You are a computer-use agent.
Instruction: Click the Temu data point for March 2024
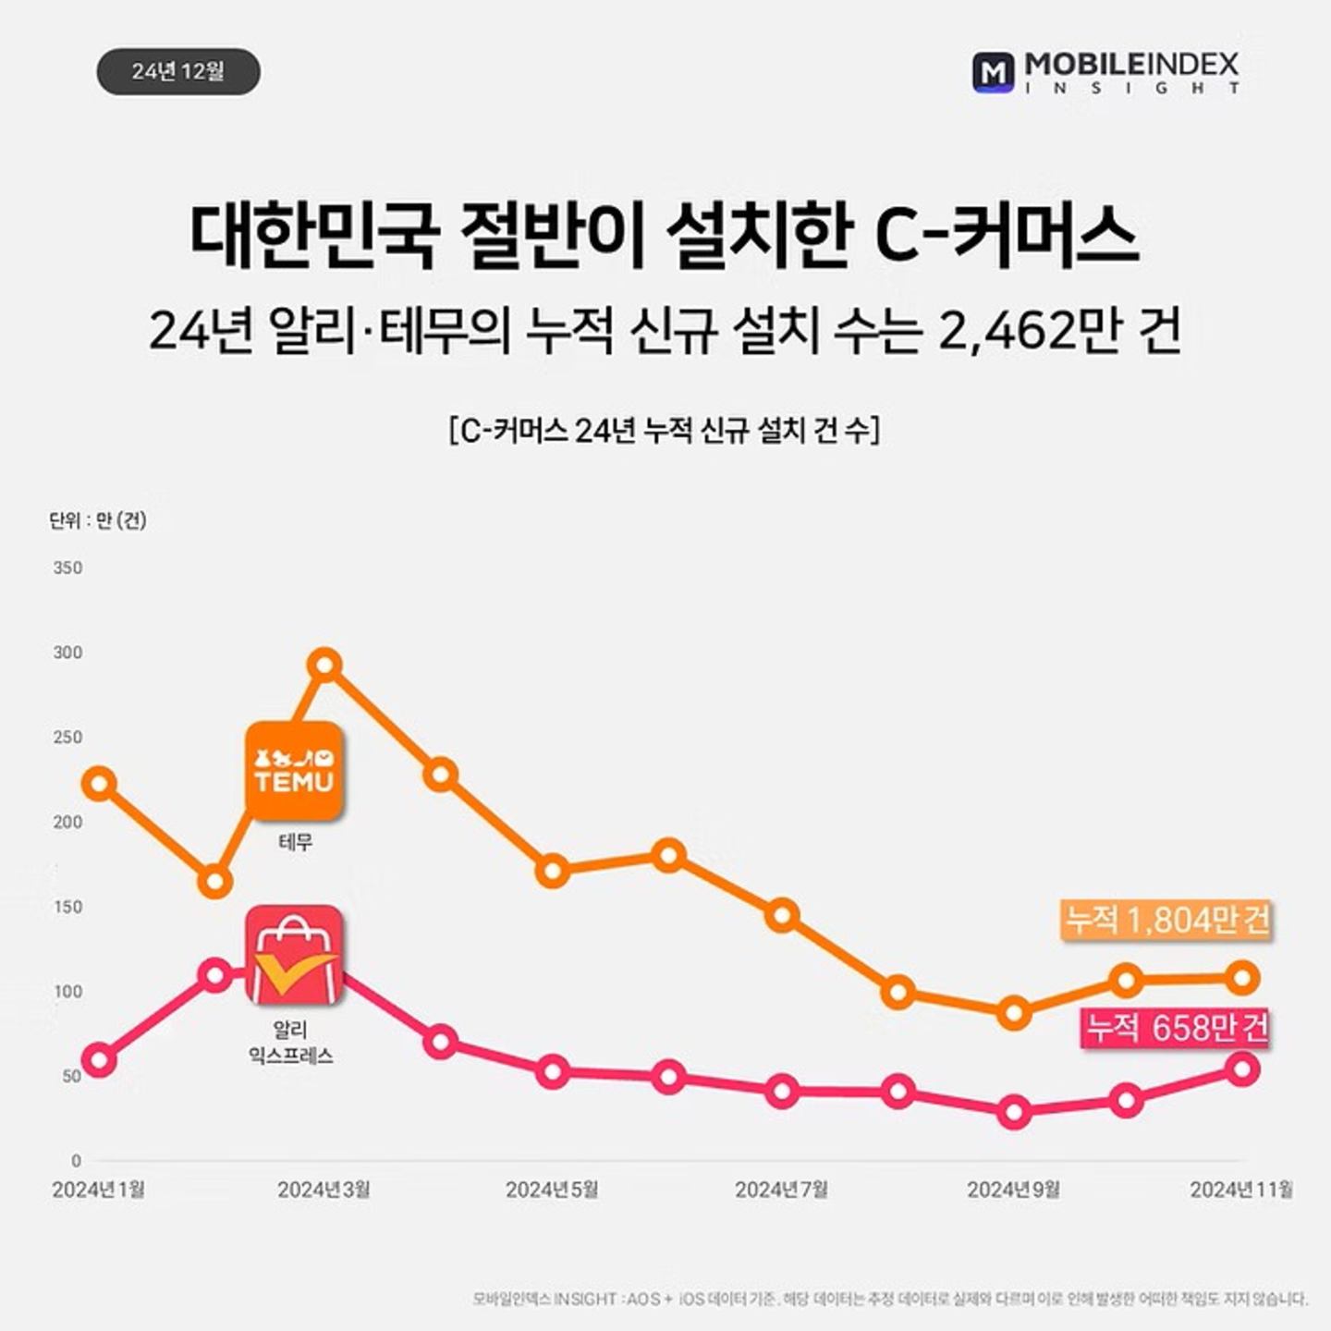325,665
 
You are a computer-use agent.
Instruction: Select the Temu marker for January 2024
99,784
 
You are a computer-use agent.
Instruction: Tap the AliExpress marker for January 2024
99,1059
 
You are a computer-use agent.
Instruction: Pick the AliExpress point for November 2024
1243,1069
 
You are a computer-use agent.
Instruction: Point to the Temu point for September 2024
1014,1013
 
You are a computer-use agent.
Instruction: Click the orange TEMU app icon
294,771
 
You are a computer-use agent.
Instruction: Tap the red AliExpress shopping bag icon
294,955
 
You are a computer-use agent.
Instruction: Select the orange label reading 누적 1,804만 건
1166,920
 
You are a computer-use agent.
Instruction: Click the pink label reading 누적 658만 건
1176,1028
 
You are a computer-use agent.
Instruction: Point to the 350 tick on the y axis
67,568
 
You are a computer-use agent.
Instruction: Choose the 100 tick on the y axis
67,992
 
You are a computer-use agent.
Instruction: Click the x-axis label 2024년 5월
552,1190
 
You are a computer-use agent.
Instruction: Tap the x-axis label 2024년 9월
1013,1190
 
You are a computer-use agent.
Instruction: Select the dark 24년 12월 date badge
177,71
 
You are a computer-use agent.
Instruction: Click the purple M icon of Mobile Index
994,72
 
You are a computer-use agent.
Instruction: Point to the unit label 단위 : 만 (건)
97,520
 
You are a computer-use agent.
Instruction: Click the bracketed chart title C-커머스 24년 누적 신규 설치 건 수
665,431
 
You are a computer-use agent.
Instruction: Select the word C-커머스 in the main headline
1006,236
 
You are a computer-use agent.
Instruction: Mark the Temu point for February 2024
214,882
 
